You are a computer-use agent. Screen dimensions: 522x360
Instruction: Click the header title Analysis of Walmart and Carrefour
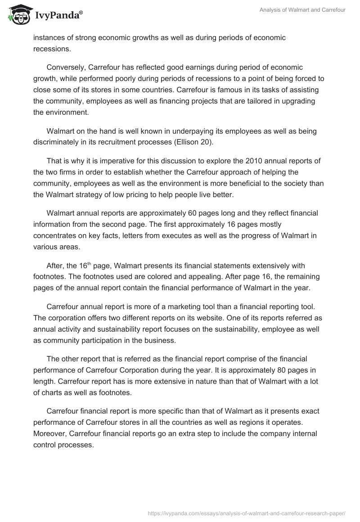click(302, 10)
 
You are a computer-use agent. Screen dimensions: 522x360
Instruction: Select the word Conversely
click(66, 67)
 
